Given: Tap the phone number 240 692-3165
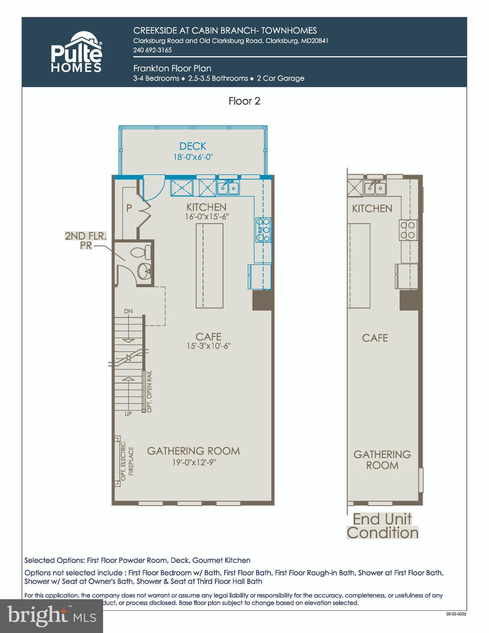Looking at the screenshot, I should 152,50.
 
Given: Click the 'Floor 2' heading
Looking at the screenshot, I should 244,101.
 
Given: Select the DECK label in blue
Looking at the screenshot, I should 193,146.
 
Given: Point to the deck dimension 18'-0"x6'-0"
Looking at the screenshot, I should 193,157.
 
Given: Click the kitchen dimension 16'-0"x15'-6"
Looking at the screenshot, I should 207,216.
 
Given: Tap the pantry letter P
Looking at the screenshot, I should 129,208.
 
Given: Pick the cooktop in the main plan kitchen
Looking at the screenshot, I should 263,230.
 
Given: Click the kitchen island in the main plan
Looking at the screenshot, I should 209,265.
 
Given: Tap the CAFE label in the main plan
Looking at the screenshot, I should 208,337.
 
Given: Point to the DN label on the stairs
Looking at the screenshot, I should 128,311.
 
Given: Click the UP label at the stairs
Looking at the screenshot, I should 128,414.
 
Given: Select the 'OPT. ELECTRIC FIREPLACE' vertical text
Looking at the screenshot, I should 127,461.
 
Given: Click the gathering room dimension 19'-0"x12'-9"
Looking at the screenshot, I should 194,462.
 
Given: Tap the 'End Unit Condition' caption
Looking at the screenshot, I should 382,526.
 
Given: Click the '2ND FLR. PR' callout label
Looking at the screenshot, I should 85,241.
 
